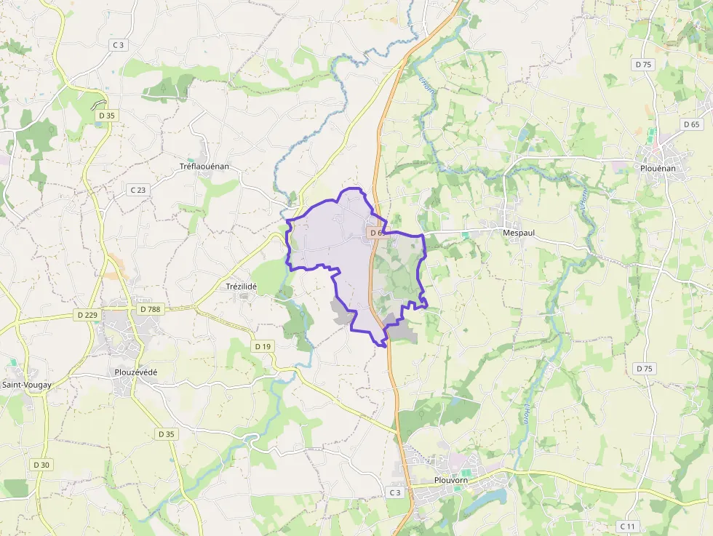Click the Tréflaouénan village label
click(x=204, y=167)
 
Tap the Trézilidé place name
click(x=242, y=287)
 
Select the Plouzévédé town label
click(x=136, y=372)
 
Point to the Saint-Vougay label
click(x=26, y=385)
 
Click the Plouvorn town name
click(x=450, y=481)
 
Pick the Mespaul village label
click(x=519, y=233)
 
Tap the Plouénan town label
click(x=657, y=168)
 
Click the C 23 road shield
click(x=138, y=190)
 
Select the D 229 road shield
click(x=87, y=315)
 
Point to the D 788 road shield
click(x=149, y=309)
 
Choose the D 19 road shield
click(x=263, y=347)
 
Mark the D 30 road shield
click(x=41, y=465)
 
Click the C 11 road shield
click(x=626, y=526)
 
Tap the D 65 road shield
click(x=691, y=124)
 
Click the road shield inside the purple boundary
click(x=375, y=233)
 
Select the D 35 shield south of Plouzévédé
click(x=166, y=434)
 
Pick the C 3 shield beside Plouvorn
click(x=394, y=492)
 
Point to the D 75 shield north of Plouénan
click(x=643, y=64)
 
